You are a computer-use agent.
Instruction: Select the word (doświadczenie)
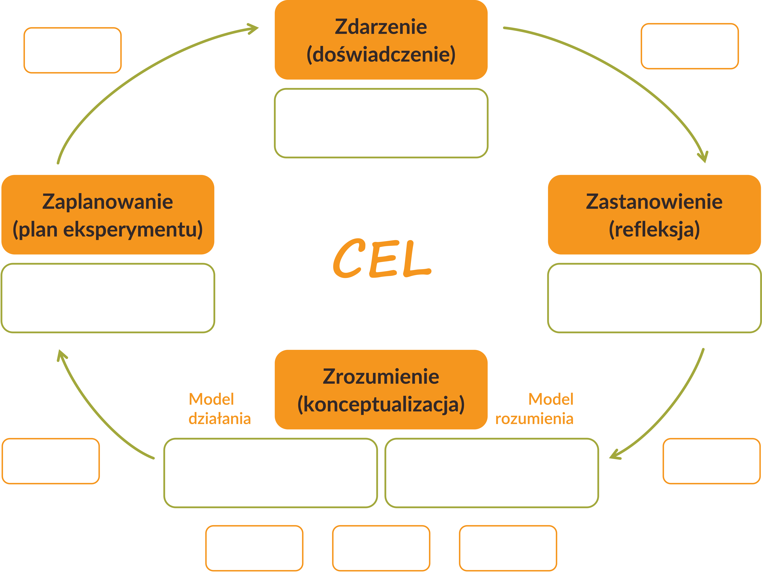(x=381, y=54)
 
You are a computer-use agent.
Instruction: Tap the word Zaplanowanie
(x=107, y=202)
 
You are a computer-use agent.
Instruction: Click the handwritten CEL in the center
(x=382, y=259)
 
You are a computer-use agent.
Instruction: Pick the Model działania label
(x=219, y=409)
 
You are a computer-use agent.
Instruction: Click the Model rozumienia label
(x=534, y=409)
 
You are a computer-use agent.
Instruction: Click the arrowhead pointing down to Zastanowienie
(x=703, y=157)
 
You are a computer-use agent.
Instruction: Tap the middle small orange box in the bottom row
(x=381, y=548)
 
